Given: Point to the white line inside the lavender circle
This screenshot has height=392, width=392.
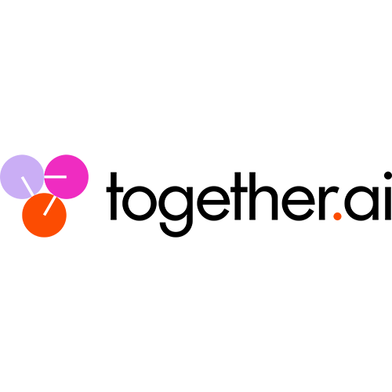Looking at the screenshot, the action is (x=27, y=187).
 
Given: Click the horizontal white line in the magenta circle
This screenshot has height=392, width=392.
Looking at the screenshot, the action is (x=56, y=177).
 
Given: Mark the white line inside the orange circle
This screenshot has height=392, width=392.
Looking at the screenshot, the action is (x=50, y=205).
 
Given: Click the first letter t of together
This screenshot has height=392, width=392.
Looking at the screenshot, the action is (x=114, y=196).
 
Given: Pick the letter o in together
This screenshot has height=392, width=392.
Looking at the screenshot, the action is (x=140, y=203).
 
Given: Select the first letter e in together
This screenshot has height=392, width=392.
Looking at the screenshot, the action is (x=213, y=203).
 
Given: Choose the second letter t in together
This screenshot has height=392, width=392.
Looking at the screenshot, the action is (x=238, y=196).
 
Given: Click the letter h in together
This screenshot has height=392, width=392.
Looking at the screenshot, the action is (x=263, y=196).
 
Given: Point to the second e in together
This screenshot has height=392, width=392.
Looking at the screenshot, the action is (x=299, y=203).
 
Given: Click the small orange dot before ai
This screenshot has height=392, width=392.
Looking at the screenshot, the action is (x=337, y=216).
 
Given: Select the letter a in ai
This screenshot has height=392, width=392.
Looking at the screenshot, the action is (x=361, y=203).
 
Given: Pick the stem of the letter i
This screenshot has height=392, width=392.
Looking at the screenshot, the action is (x=388, y=203).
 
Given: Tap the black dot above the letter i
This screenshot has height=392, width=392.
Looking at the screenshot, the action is (x=388, y=176).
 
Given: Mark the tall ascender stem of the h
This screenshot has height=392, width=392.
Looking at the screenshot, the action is (x=252, y=196).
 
